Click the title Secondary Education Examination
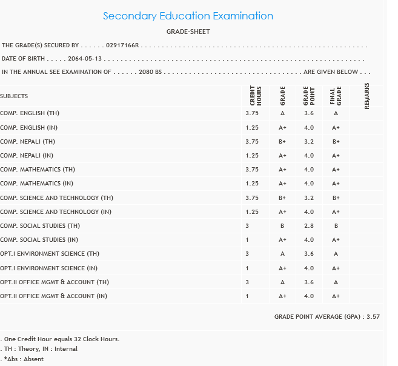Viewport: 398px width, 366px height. [188, 16]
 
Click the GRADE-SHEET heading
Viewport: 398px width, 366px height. [188, 32]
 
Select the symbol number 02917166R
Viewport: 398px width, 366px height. [122, 45]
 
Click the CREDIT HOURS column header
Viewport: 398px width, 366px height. [255, 96]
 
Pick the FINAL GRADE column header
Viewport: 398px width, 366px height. [335, 96]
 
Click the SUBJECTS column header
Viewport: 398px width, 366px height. [14, 96]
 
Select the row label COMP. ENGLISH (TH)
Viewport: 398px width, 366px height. [30, 113]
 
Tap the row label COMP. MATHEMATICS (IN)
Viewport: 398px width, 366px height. [37, 184]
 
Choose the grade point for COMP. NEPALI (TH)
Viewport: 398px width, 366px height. [309, 142]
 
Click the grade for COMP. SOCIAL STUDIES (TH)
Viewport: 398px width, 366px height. [282, 226]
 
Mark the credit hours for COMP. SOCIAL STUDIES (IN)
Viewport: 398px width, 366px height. [247, 240]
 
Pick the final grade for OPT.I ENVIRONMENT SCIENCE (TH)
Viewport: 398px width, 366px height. [336, 254]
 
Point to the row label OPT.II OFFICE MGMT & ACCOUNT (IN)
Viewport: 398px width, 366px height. [54, 296]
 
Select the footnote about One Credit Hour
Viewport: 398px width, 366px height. [61, 339]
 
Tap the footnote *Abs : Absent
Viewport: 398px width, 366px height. [24, 359]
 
